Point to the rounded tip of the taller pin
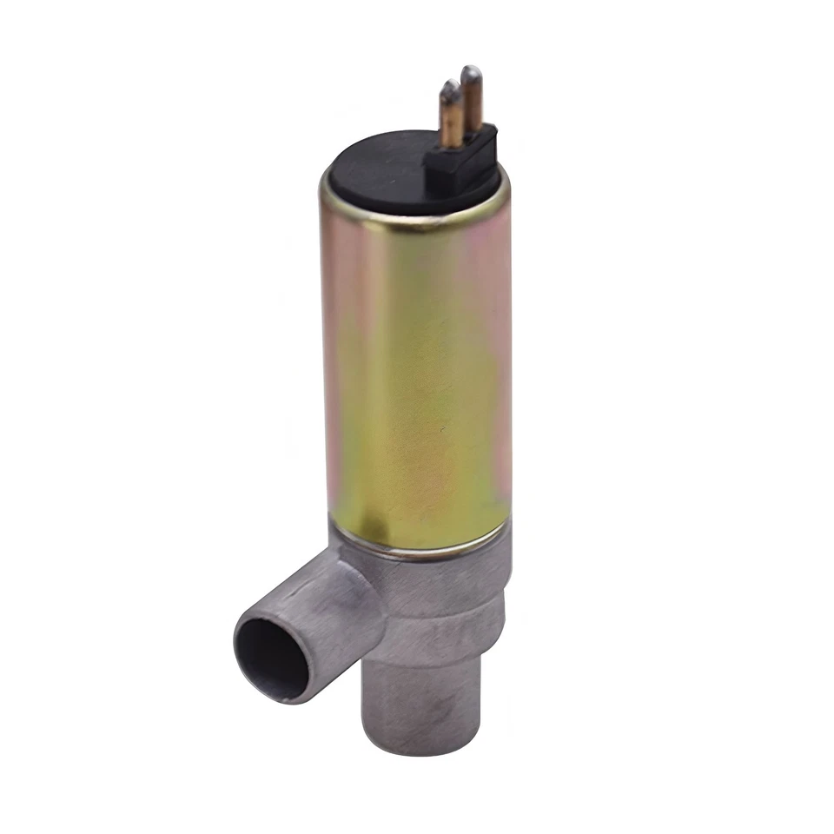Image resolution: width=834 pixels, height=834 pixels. coord(472,72)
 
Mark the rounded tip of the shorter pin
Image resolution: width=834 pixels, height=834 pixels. coord(450,87)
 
